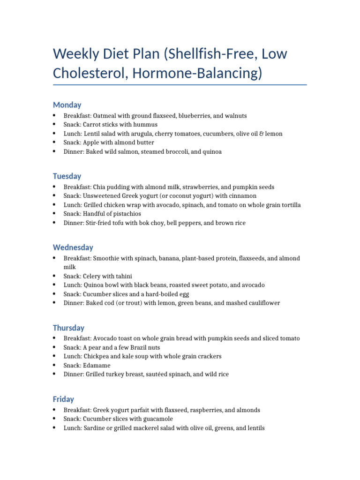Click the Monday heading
67,105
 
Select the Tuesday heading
67,176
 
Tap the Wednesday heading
73,247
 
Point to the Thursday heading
68,328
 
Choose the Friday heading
63,399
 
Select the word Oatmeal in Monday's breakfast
106,116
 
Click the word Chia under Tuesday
100,187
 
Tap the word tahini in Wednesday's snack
129,277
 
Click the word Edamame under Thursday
97,365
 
